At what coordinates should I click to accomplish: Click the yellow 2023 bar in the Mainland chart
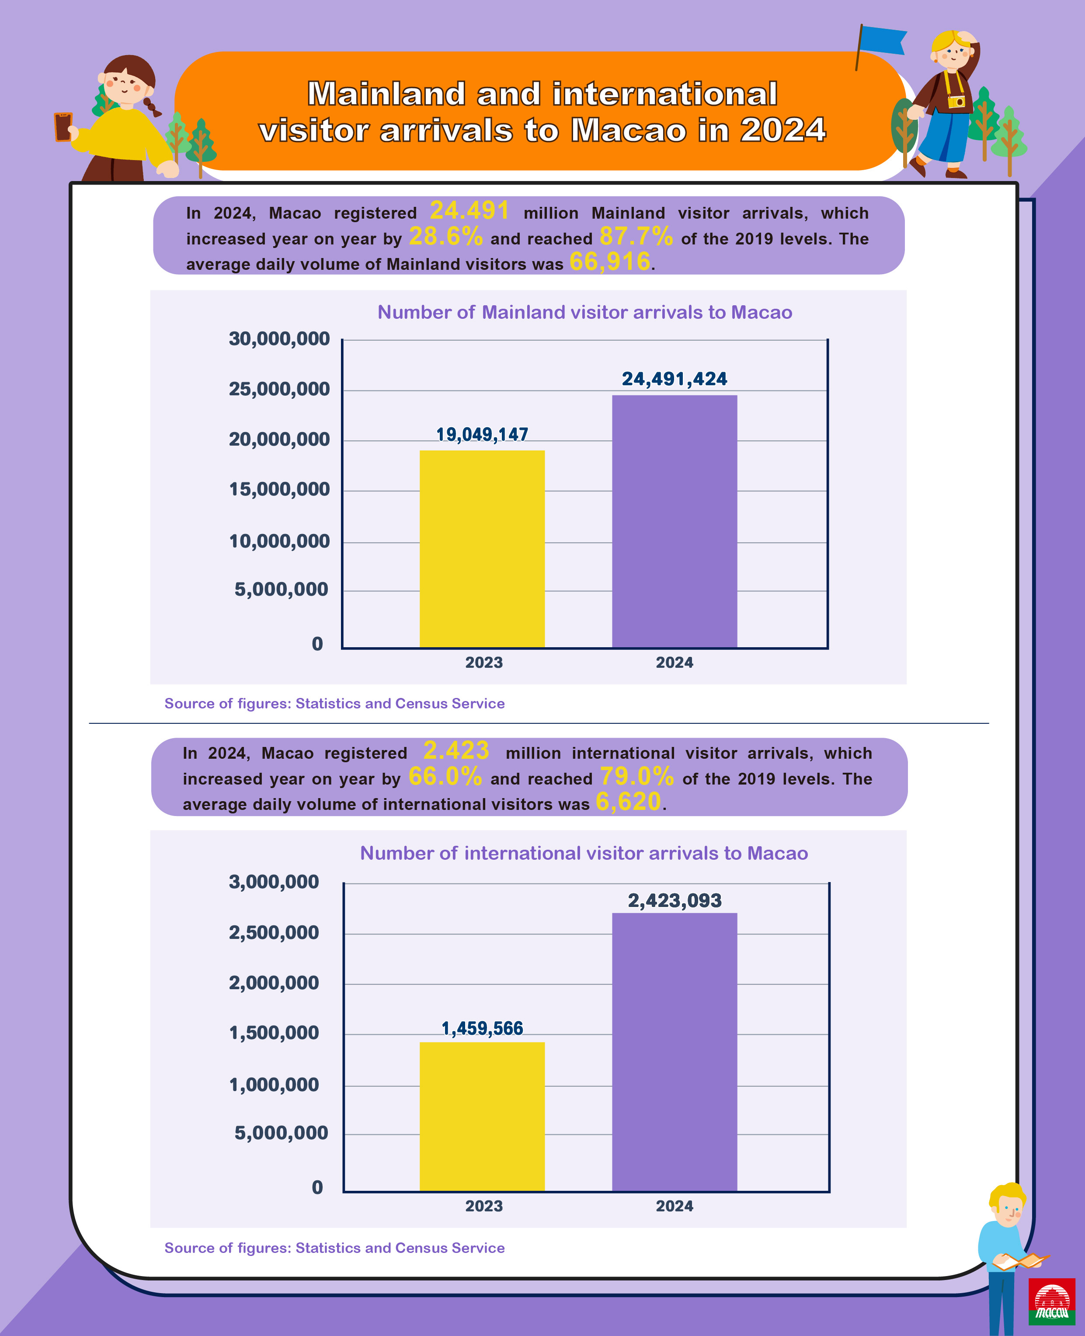(482, 548)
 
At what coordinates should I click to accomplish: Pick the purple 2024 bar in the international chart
(675, 1052)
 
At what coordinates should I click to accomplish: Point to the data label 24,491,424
(675, 379)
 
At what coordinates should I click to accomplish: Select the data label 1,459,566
(482, 1029)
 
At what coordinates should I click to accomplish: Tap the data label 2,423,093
(675, 901)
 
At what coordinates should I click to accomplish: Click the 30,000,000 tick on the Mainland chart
(279, 339)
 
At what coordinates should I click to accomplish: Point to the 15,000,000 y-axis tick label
(279, 489)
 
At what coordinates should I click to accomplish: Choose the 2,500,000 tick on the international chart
(274, 933)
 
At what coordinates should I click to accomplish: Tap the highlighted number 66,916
(610, 262)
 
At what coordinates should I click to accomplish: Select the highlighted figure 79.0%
(637, 777)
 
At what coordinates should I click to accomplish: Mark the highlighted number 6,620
(628, 802)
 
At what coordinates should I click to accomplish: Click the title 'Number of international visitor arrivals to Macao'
(584, 853)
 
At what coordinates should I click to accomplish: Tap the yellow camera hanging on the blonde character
(956, 101)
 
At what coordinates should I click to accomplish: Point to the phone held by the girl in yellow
(63, 126)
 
